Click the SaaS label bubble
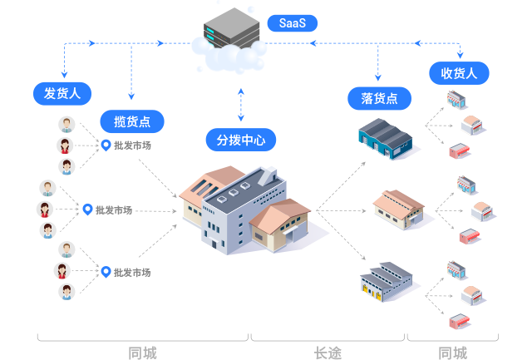coord(293,23)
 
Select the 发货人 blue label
coord(62,93)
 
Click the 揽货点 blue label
coord(132,121)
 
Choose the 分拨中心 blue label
coord(241,140)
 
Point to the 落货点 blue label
coord(379,99)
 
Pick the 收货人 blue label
coord(459,73)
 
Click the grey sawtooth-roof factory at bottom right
coord(387,280)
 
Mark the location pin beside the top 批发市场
coord(106,145)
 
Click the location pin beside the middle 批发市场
coord(87,210)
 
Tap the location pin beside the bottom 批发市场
coord(106,271)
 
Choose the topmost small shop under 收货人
coord(456,100)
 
